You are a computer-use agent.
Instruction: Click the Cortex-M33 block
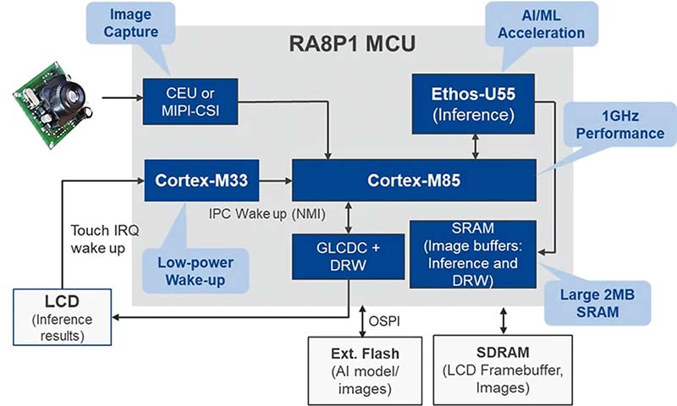201,180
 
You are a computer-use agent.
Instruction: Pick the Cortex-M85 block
414,180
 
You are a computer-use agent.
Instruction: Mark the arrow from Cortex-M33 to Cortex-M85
274,180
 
